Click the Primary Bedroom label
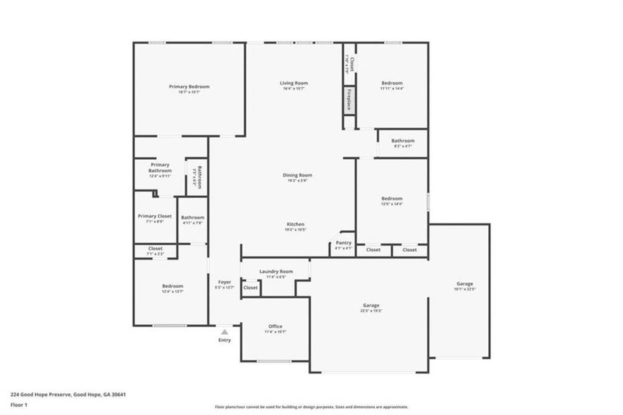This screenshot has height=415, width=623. [x=189, y=86]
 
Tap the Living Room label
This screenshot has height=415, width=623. [x=294, y=83]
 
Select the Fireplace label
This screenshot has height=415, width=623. [x=350, y=100]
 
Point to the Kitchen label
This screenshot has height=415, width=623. [x=296, y=225]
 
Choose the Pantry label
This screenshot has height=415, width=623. [x=343, y=243]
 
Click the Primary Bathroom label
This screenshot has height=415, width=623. [x=160, y=167]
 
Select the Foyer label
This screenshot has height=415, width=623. [x=225, y=282]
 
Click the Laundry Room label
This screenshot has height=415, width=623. [x=276, y=272]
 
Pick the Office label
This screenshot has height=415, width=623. [x=275, y=326]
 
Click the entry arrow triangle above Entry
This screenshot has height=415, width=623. [x=225, y=333]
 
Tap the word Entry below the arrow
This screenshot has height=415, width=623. [x=225, y=340]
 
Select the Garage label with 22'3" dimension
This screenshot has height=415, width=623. [x=371, y=305]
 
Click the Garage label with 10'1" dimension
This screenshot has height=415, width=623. [x=465, y=284]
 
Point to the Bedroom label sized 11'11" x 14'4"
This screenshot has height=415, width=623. [x=391, y=83]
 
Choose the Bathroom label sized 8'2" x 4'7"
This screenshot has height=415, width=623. [x=402, y=140]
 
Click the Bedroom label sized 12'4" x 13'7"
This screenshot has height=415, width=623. [x=173, y=286]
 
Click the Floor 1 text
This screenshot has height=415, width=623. [x=18, y=404]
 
